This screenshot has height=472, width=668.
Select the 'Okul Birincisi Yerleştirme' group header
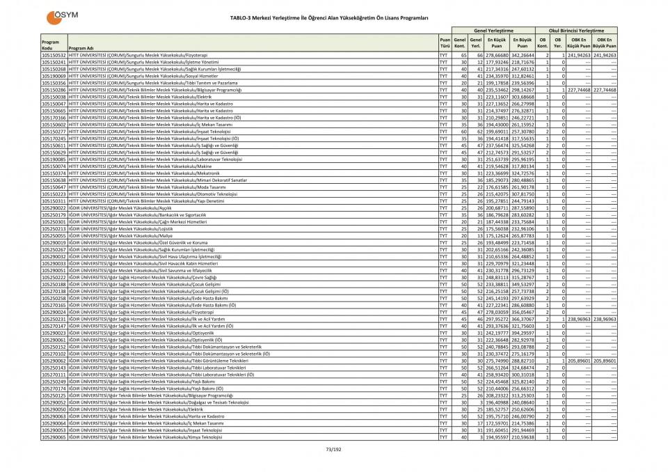[576, 31]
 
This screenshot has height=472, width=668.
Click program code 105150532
[54, 54]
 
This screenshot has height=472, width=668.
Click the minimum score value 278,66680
[498, 54]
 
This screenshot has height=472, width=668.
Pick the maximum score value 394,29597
[522, 333]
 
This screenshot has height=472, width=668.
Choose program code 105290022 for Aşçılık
[54, 207]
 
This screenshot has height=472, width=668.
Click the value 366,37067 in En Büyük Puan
[522, 319]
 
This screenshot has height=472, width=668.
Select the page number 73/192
[334, 449]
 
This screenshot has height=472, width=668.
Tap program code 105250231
[54, 319]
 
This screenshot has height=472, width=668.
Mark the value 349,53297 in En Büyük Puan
[522, 284]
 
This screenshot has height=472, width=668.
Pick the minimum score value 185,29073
[498, 180]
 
